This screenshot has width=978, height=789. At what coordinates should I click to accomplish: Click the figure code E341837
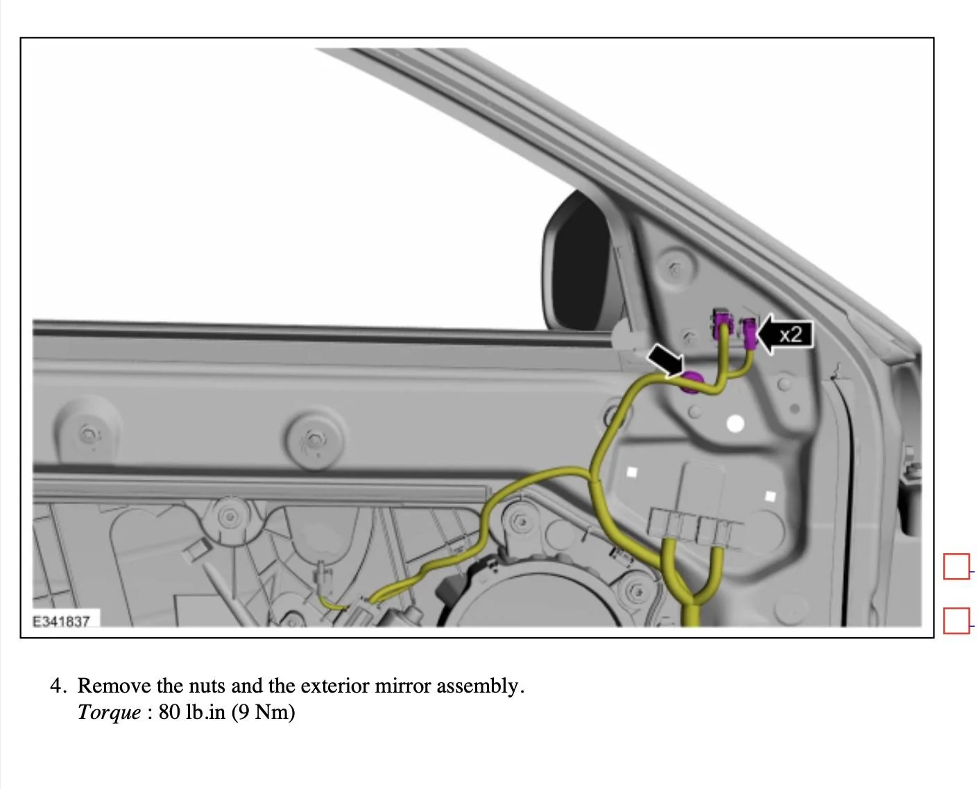(61, 621)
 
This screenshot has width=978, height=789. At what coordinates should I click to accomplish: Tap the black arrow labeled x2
(784, 333)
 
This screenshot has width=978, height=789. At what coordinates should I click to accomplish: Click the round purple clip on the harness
(691, 383)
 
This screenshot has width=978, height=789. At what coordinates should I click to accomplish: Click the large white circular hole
(735, 424)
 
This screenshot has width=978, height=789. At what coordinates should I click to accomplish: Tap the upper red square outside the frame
(956, 566)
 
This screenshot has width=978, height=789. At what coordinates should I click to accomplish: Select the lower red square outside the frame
(956, 621)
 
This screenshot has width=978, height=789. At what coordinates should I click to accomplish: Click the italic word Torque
(110, 713)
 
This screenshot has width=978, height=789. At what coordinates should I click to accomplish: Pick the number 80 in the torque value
(169, 712)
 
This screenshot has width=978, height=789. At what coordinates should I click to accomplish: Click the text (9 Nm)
(263, 713)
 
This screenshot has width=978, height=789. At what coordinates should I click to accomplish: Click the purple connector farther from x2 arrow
(721, 325)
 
